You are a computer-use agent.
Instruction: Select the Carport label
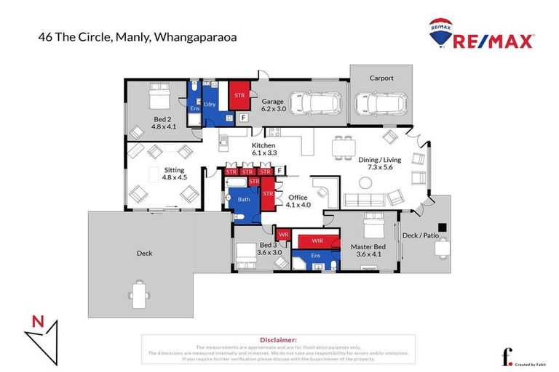[x=381, y=78]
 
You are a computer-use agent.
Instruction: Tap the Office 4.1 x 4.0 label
[x=298, y=201]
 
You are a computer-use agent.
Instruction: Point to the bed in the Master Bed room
[x=376, y=230]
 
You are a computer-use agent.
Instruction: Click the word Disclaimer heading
[x=278, y=339]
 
